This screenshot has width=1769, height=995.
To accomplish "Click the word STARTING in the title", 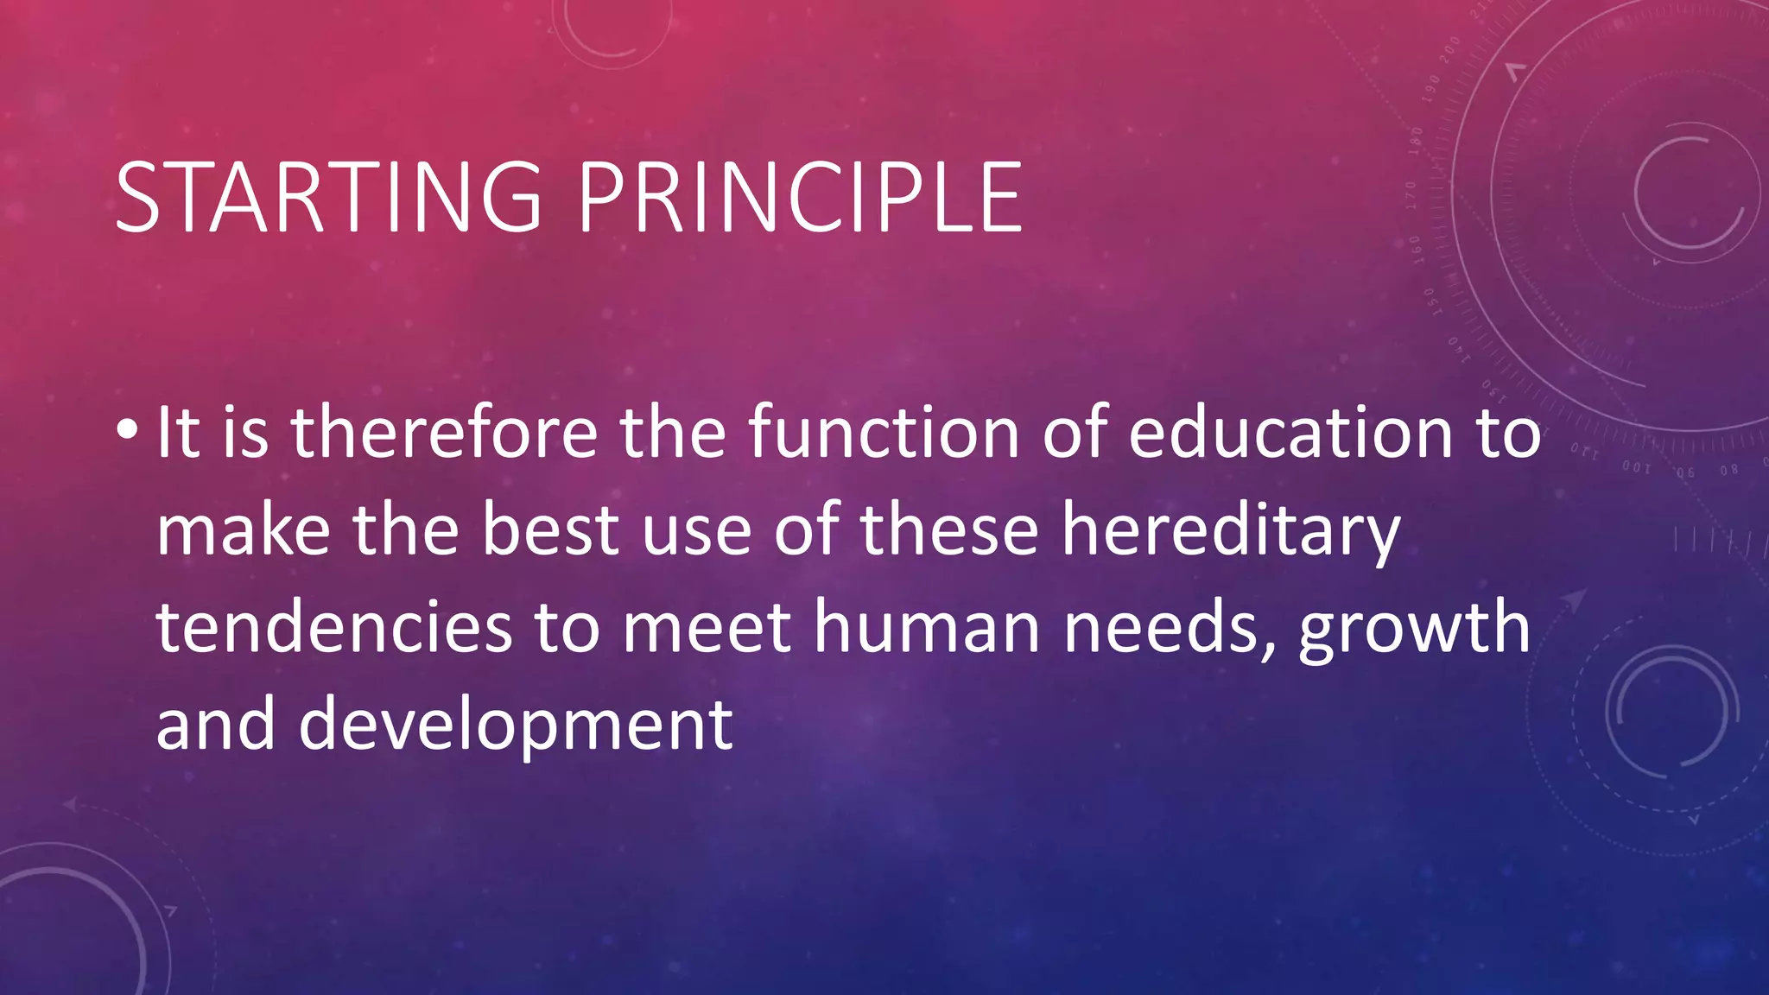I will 328,198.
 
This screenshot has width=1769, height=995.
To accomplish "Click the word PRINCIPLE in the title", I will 800,198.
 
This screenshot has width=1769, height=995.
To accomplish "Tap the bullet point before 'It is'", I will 126,429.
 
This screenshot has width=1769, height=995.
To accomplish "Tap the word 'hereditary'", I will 1231,531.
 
